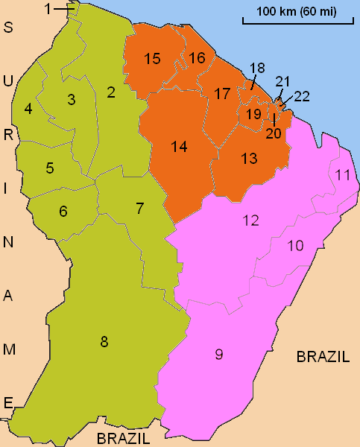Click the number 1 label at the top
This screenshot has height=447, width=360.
coord(48,9)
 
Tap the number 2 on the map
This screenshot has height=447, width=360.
coord(110,92)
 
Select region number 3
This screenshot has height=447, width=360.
coord(72,99)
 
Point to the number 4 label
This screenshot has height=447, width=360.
coord(28,109)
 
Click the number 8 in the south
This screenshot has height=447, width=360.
coord(104,342)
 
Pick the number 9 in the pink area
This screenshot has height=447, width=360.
coord(219,355)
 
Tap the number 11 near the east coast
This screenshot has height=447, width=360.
coord(343,176)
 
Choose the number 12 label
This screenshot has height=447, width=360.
coord(250,220)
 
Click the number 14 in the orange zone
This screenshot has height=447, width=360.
coord(178,147)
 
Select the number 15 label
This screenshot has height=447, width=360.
coord(153,60)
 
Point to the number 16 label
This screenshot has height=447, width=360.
coord(197,58)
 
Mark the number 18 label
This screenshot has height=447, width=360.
coord(258,68)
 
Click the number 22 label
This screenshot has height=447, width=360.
coord(302,96)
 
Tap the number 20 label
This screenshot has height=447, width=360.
coord(274,133)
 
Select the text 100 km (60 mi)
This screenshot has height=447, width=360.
coord(297,12)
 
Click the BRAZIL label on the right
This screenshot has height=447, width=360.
coord(323,357)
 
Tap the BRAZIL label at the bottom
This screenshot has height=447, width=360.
coord(124,437)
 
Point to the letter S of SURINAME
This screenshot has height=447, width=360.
coord(9,28)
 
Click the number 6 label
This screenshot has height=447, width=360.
coord(63,211)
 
